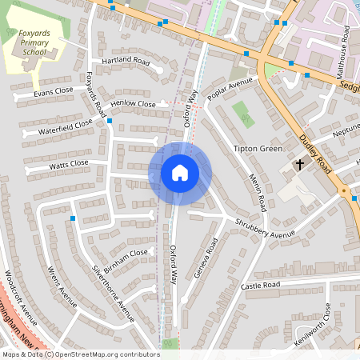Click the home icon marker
[180, 173]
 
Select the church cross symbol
[300, 164]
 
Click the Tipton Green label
[258, 149]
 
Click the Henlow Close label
[134, 104]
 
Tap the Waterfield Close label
[58, 127]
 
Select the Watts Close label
[69, 165]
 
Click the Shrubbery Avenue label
[265, 228]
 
